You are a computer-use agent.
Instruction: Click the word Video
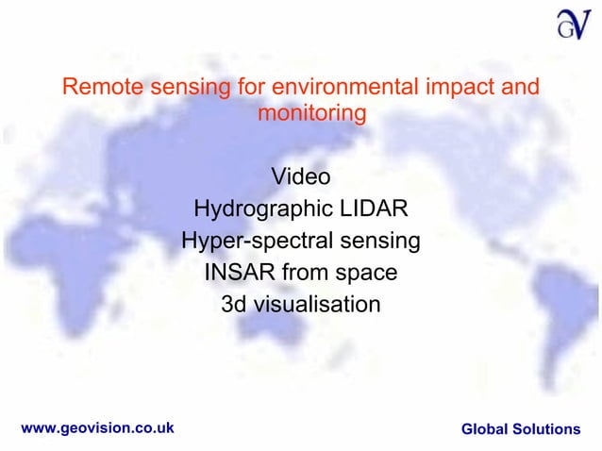[301, 176]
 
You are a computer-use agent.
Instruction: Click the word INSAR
[238, 274]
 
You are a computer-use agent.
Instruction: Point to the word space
[364, 274]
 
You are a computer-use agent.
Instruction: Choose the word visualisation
[315, 306]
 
